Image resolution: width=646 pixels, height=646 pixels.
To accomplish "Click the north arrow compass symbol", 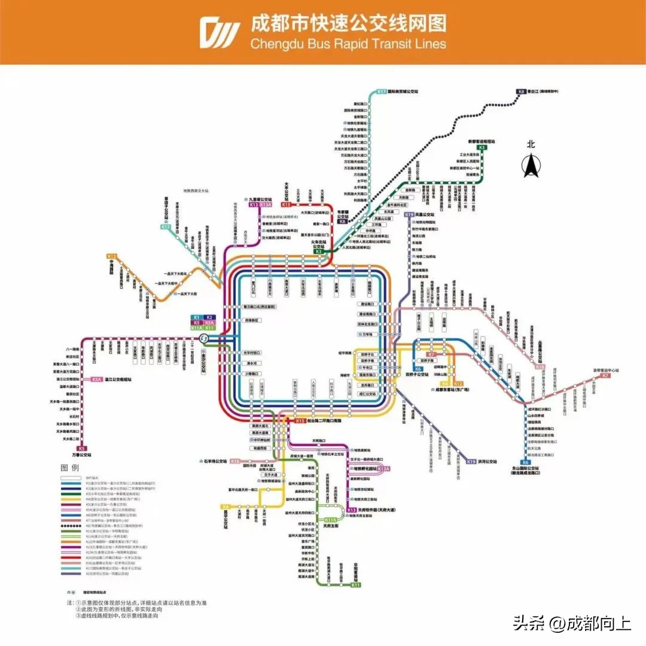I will pyautogui.click(x=530, y=165).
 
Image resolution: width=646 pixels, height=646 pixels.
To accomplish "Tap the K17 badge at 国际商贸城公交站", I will pyautogui.click(x=382, y=92).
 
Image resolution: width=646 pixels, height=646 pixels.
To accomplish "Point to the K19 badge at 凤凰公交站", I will pyautogui.click(x=409, y=214).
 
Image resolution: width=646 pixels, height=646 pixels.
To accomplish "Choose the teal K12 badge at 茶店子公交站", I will pyautogui.click(x=166, y=227).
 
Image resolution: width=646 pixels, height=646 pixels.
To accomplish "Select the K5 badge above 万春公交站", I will pyautogui.click(x=82, y=448).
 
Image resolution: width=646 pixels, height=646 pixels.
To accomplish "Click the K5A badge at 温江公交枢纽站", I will pyautogui.click(x=97, y=379).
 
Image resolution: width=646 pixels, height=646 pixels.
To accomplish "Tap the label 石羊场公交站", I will pyautogui.click(x=212, y=462).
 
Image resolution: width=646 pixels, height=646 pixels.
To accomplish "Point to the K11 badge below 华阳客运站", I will pyautogui.click(x=356, y=585).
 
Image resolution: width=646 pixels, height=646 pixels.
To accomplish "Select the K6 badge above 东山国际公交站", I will pyautogui.click(x=525, y=462).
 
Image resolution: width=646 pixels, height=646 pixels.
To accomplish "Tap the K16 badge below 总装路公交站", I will pyautogui.click(x=540, y=366).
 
